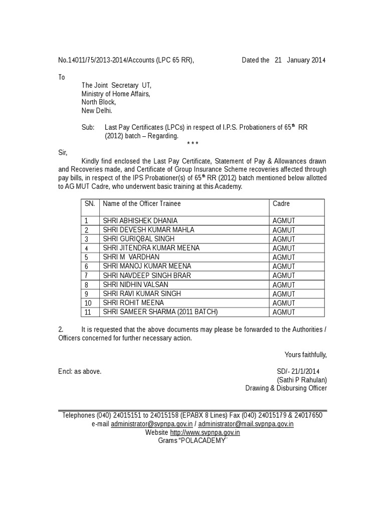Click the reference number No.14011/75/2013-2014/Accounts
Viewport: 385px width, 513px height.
click(125, 61)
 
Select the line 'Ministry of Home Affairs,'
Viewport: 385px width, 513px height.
click(116, 94)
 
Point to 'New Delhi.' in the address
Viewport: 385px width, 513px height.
click(97, 111)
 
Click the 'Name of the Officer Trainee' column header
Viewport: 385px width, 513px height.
click(142, 204)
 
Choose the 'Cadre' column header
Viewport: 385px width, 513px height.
click(281, 204)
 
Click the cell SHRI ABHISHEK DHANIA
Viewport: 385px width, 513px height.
click(140, 220)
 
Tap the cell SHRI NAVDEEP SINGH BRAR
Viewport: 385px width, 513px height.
click(146, 276)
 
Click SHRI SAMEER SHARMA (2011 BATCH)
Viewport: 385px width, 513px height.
click(160, 312)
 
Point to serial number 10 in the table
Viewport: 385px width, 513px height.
click(89, 303)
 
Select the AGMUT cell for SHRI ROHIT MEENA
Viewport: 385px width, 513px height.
click(284, 303)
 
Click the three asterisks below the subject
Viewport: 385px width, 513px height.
click(192, 144)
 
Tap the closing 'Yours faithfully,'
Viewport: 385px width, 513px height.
click(305, 355)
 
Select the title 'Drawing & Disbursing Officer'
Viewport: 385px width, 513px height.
click(286, 388)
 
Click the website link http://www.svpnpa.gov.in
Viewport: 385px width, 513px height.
click(205, 432)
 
